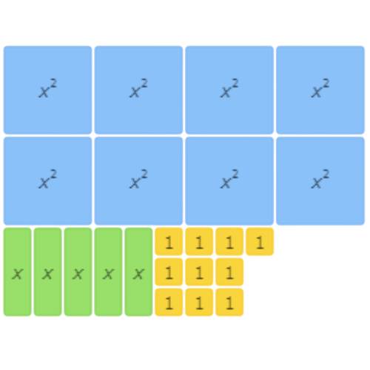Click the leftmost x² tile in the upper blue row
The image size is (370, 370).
[x=47, y=90]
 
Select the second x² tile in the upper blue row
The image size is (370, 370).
[x=138, y=90]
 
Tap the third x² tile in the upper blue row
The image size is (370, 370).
[x=229, y=90]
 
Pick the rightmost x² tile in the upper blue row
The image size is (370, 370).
[x=320, y=90]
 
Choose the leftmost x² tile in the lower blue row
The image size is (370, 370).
[x=47, y=181]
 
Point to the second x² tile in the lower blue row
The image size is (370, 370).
[x=138, y=181]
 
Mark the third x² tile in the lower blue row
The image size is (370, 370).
[x=229, y=181]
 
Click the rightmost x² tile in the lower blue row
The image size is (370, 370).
[x=320, y=181]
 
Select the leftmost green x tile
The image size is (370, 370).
[x=18, y=272]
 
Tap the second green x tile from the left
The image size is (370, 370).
[x=48, y=272]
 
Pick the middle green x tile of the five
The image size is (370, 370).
[x=78, y=272]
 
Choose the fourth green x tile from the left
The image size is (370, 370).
[x=108, y=272]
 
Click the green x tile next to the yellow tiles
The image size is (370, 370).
[x=138, y=272]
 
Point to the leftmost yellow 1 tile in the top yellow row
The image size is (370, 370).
[x=169, y=242]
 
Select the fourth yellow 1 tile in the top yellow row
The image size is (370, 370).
[x=260, y=242]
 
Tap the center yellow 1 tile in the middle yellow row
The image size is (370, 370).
[x=199, y=272]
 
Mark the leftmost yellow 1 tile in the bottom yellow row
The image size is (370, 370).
[x=169, y=302]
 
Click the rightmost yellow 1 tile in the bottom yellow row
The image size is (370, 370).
[x=229, y=302]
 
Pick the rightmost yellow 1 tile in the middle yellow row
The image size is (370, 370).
[x=229, y=272]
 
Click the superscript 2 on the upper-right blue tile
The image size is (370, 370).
[x=326, y=84]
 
